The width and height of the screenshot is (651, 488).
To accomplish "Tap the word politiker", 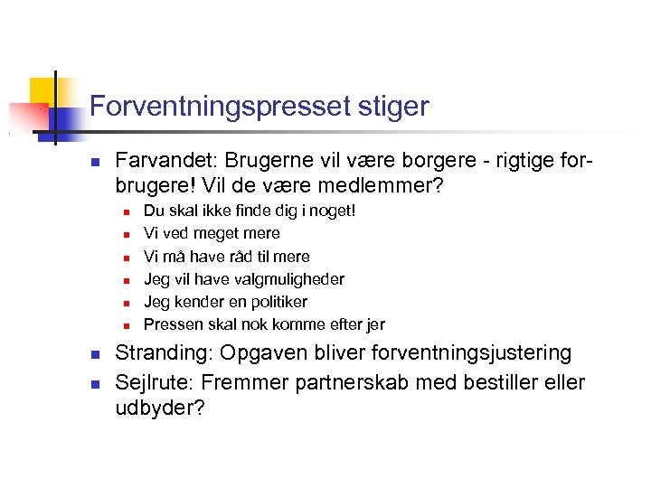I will (x=270, y=302).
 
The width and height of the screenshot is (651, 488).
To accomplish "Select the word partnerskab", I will (x=339, y=382).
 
